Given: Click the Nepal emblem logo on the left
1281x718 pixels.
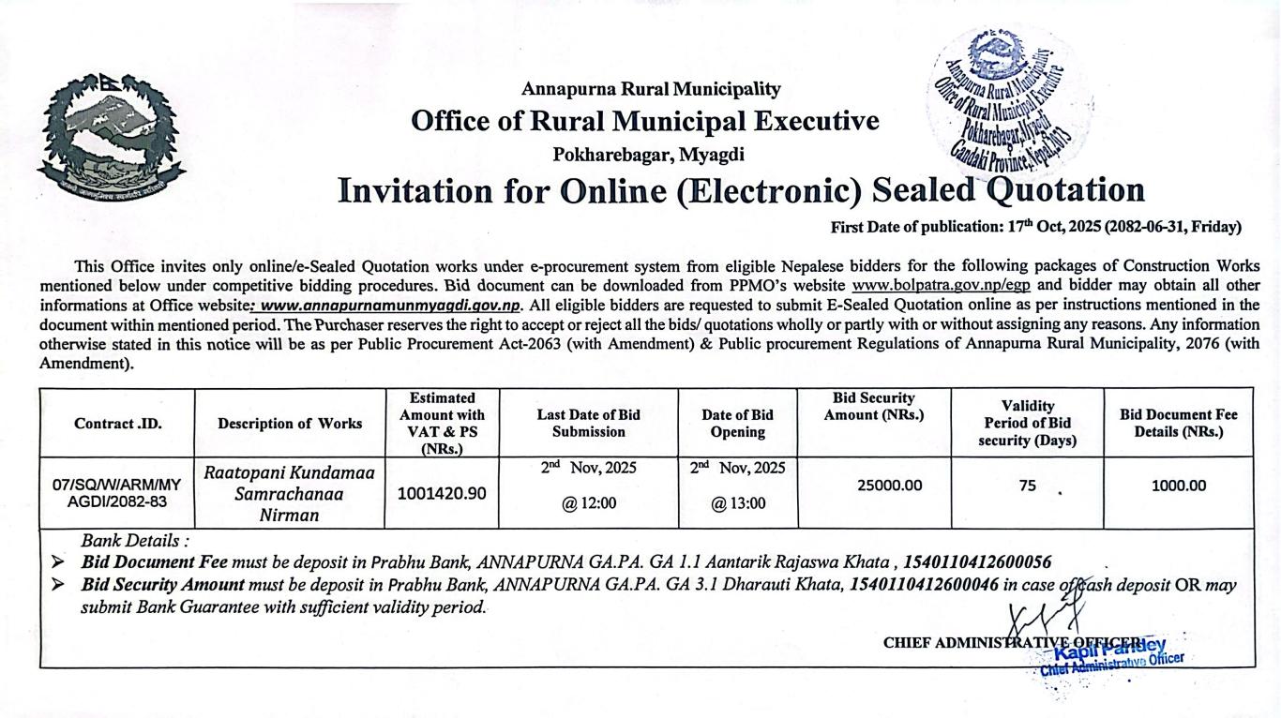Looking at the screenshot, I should pyautogui.click(x=111, y=137).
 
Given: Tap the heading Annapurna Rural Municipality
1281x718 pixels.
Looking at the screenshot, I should pyautogui.click(x=650, y=89).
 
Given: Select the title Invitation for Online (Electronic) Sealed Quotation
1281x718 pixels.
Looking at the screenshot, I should pyautogui.click(x=741, y=190).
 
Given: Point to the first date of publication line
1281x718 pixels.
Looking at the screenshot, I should pyautogui.click(x=1035, y=227).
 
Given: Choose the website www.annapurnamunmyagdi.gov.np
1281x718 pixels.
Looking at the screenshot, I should pyautogui.click(x=390, y=305).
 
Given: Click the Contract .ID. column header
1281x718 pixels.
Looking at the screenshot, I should pyautogui.click(x=117, y=423).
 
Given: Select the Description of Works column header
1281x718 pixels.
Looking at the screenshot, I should pyautogui.click(x=290, y=423).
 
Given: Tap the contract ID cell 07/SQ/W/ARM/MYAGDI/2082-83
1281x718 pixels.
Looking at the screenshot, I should pyautogui.click(x=117, y=492).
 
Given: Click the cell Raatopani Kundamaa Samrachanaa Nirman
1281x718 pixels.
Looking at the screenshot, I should pyautogui.click(x=290, y=494).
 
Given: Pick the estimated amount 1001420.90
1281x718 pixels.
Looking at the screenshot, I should pyautogui.click(x=442, y=493).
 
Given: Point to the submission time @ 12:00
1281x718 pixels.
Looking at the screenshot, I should pyautogui.click(x=589, y=503).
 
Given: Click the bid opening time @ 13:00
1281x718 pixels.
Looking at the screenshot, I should pyautogui.click(x=737, y=503).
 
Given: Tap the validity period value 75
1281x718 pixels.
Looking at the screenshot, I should pyautogui.click(x=1028, y=486).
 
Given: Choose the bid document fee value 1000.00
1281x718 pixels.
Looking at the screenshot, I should pyautogui.click(x=1178, y=486).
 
